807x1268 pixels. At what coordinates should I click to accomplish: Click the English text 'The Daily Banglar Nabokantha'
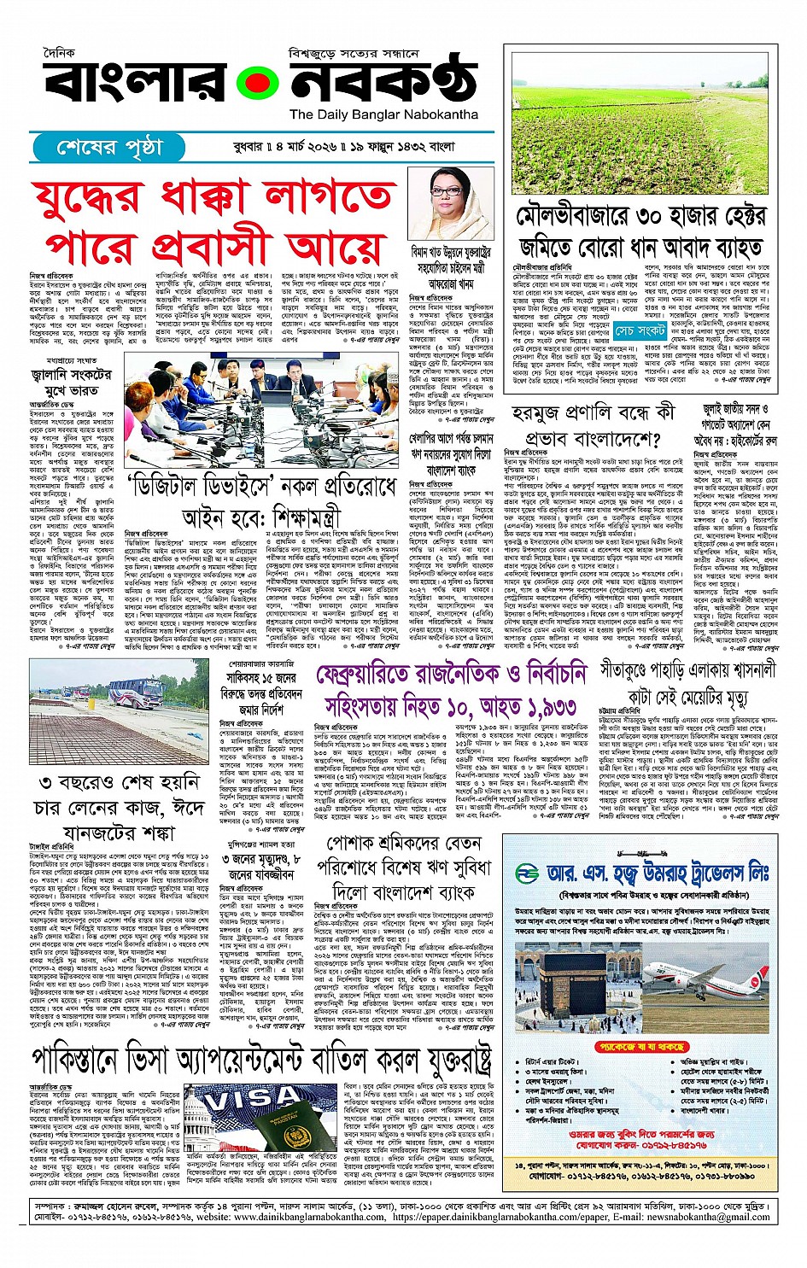pyautogui.click(x=383, y=114)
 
